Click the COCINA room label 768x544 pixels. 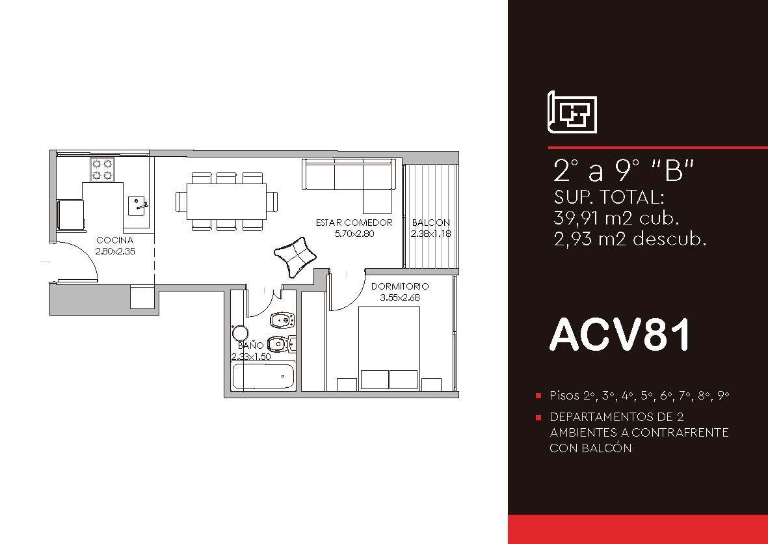click(114, 240)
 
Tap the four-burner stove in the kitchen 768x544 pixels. click(102, 170)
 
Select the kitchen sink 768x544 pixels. click(137, 206)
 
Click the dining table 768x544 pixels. click(226, 202)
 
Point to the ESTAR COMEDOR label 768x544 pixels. click(354, 223)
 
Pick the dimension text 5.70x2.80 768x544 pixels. click(354, 234)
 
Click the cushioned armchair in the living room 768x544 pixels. click(295, 256)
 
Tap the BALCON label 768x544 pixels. click(431, 223)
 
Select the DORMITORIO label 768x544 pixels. click(400, 286)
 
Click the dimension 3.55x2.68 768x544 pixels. click(400, 297)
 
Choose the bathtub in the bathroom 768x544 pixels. click(263, 376)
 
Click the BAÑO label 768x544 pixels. click(251, 346)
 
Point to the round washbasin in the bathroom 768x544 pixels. click(240, 333)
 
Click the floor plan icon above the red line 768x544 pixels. click(572, 112)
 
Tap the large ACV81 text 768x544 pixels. click(620, 335)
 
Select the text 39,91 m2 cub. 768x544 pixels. click(616, 217)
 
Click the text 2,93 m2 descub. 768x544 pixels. click(630, 239)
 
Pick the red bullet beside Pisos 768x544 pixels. click(539, 396)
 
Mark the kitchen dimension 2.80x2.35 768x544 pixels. click(115, 251)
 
